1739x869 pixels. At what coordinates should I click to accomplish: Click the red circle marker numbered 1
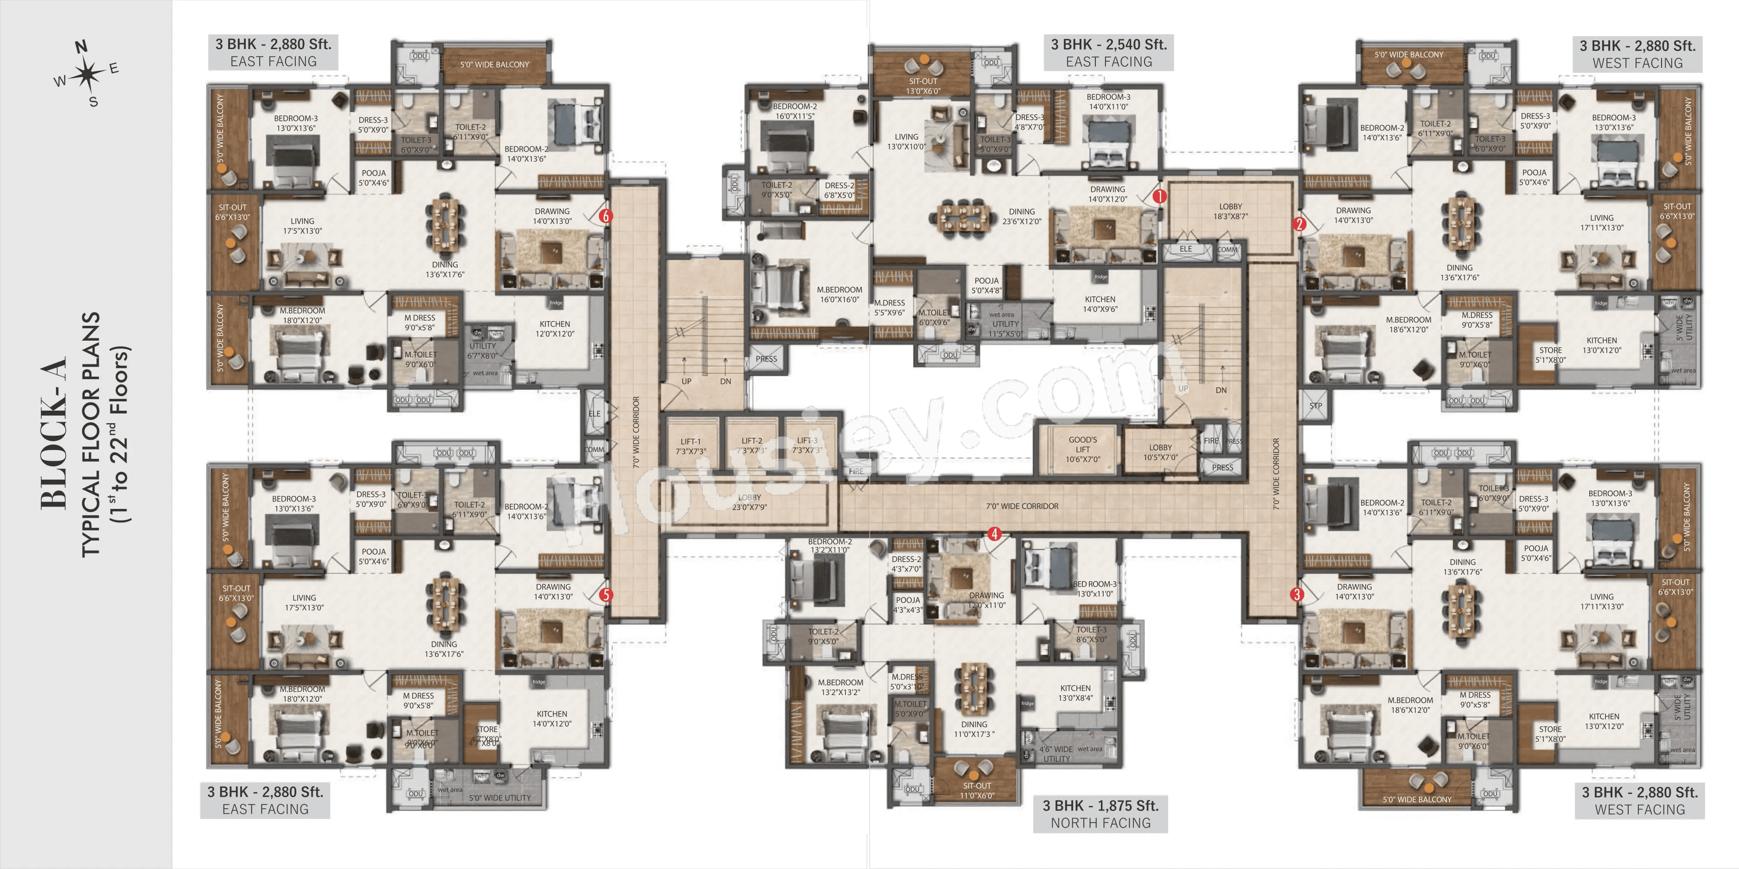click(1159, 197)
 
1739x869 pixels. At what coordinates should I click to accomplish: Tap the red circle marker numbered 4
click(994, 533)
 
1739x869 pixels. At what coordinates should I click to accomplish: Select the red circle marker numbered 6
click(606, 216)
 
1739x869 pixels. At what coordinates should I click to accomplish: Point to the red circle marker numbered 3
click(1296, 595)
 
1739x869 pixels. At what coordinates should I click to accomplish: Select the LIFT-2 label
click(751, 445)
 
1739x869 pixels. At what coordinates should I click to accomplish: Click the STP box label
click(1315, 406)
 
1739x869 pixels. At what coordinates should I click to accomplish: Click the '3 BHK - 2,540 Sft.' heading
click(1108, 44)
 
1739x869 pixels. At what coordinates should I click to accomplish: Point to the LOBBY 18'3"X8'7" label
click(1230, 211)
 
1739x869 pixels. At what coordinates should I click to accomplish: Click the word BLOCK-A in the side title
click(54, 432)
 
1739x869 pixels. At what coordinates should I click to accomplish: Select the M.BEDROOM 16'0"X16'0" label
click(839, 294)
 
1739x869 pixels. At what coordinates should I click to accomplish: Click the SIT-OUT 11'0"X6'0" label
click(976, 790)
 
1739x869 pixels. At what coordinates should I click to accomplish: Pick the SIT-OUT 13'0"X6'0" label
click(922, 86)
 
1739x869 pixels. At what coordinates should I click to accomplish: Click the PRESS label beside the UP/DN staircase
click(766, 359)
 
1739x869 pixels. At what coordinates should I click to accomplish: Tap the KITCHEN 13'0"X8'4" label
click(1075, 693)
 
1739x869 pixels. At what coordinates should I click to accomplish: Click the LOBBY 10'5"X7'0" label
click(1160, 452)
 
